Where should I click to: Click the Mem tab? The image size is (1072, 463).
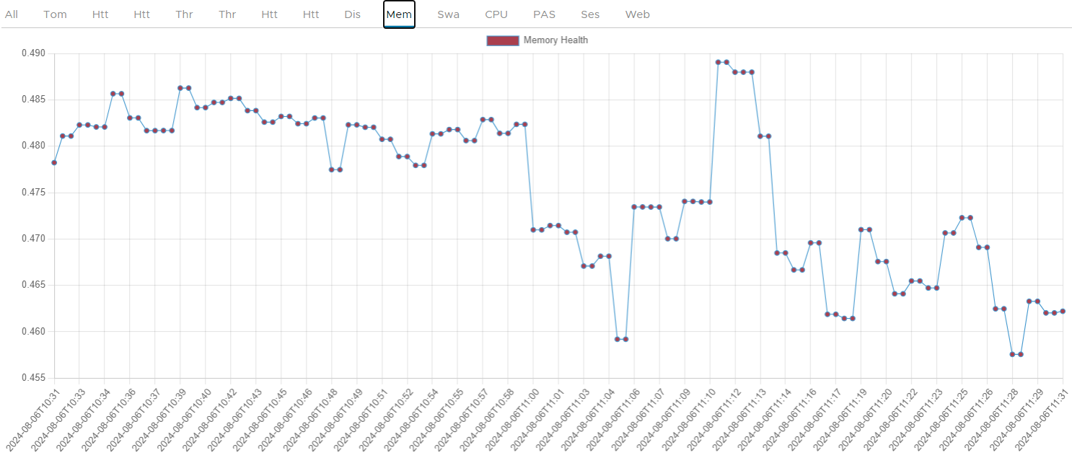coord(399,14)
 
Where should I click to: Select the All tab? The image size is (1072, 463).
coord(12,14)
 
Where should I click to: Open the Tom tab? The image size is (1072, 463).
coord(55,14)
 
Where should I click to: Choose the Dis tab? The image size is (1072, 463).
coord(352,14)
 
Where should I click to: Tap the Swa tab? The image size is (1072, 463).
coord(448,14)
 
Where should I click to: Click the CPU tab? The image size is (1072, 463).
coord(496,14)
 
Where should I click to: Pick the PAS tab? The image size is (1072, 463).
coord(544,14)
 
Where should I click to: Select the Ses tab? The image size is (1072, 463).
coord(590,14)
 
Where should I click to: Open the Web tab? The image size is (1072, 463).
coord(637,14)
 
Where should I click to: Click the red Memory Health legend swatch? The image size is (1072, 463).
coord(503,40)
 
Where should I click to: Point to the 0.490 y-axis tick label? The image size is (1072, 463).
coord(33,53)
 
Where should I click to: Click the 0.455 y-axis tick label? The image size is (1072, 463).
coord(33,378)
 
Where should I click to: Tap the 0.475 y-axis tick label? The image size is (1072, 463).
coord(33,193)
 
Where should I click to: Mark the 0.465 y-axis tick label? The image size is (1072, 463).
coord(33,285)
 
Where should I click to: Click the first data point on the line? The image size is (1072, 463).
coord(54,162)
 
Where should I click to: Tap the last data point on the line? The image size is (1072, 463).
coord(1063,312)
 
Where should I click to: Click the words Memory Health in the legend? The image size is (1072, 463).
coord(555,40)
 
